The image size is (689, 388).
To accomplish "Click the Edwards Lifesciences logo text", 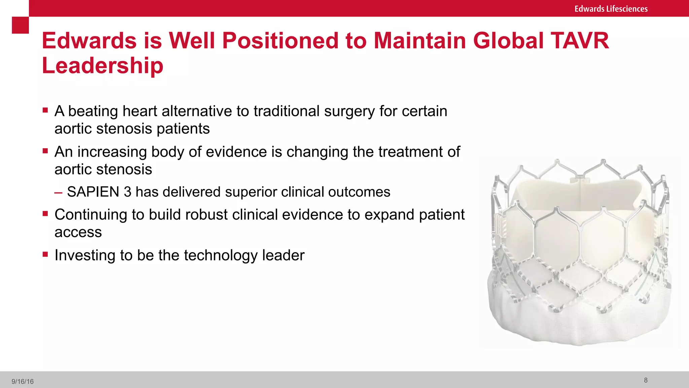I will [611, 9].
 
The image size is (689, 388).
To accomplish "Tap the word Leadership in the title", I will [102, 65].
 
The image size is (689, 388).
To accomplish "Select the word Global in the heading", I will [508, 41].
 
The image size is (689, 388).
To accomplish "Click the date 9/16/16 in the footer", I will [23, 381].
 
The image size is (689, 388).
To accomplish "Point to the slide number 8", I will [646, 380].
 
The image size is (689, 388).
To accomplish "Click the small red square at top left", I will [20, 25].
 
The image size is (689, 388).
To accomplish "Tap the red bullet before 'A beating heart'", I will [45, 110].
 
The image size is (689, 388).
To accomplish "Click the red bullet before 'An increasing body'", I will [45, 151].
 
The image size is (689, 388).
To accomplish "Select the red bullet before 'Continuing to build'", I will [45, 213].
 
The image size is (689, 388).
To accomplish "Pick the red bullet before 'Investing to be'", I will [45, 254].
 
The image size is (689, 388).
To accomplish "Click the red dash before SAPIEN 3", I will [58, 193].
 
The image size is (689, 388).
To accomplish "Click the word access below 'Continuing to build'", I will [78, 232].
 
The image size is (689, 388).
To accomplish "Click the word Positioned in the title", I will [280, 41].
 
